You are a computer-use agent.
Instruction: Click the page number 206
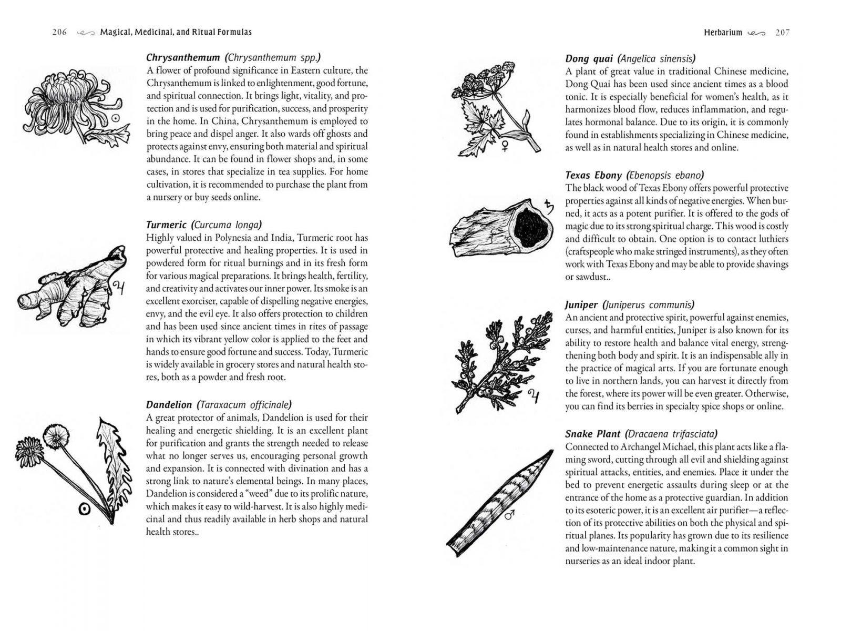click(59, 32)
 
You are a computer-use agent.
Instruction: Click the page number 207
click(782, 33)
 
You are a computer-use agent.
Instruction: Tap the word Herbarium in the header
click(723, 33)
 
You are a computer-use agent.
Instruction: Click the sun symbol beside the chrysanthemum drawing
click(116, 119)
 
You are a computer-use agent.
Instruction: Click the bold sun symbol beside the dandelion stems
click(83, 508)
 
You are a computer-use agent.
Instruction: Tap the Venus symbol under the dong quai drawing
click(506, 146)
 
